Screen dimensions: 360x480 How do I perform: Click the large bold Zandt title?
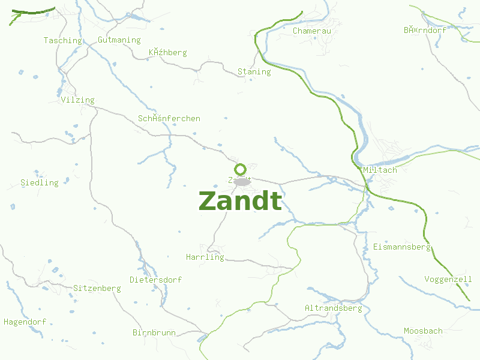tap(240, 202)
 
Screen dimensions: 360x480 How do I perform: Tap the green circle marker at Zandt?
tap(241, 169)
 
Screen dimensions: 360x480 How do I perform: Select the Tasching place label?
tap(62, 41)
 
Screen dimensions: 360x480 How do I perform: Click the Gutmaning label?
tap(119, 40)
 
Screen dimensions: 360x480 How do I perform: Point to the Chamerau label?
tap(311, 31)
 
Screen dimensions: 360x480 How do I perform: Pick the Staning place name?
tap(254, 72)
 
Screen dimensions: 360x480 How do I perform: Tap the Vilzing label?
tap(77, 100)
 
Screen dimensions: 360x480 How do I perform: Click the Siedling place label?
tap(40, 183)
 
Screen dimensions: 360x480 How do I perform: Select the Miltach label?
tap(380, 170)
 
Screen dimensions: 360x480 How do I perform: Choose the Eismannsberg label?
tap(401, 247)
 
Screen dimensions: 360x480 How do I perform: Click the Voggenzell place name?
tap(448, 280)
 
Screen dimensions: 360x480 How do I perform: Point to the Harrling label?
tap(205, 257)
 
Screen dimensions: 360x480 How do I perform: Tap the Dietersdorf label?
tap(155, 280)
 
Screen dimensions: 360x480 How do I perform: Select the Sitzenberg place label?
tap(97, 289)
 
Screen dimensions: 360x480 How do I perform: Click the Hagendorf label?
tap(25, 322)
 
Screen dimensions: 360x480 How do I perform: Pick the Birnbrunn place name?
tap(154, 332)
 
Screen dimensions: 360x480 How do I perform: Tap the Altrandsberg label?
tap(333, 308)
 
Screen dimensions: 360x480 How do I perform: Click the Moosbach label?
tap(423, 331)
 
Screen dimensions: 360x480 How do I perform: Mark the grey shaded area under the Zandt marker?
tap(242, 181)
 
